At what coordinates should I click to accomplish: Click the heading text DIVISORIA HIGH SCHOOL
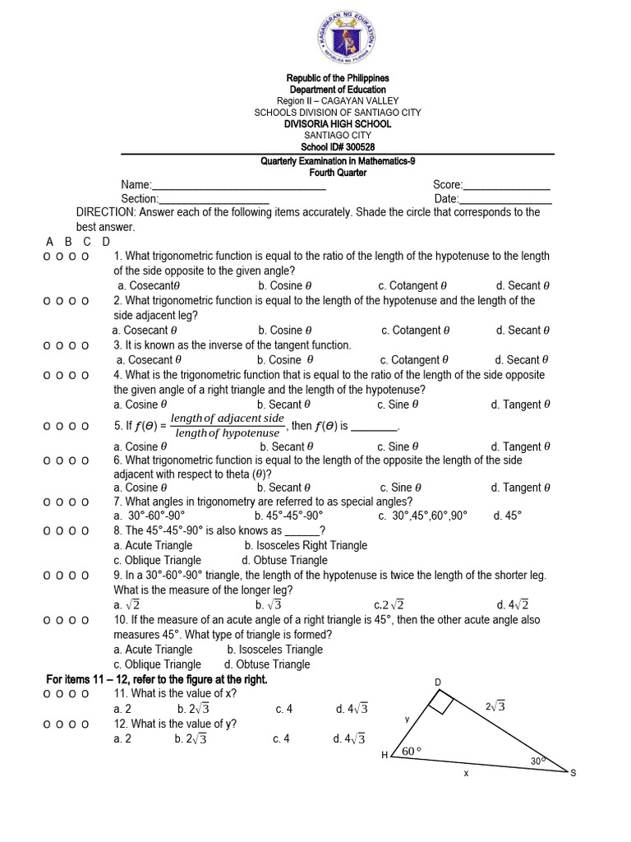pos(338,124)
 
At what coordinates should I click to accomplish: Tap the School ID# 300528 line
pos(338,147)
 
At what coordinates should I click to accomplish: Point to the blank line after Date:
pos(505,201)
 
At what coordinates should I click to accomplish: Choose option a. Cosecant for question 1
pos(149,286)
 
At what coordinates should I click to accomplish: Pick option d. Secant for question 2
pos(523,331)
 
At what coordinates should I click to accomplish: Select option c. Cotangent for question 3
pos(414,360)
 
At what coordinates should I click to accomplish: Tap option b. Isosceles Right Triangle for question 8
pos(306,545)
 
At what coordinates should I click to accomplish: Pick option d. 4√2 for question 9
pos(513,605)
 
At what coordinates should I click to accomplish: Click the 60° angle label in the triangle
pos(411,751)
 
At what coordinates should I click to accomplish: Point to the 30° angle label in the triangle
pos(537,761)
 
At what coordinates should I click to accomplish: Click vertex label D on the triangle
pos(438,682)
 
